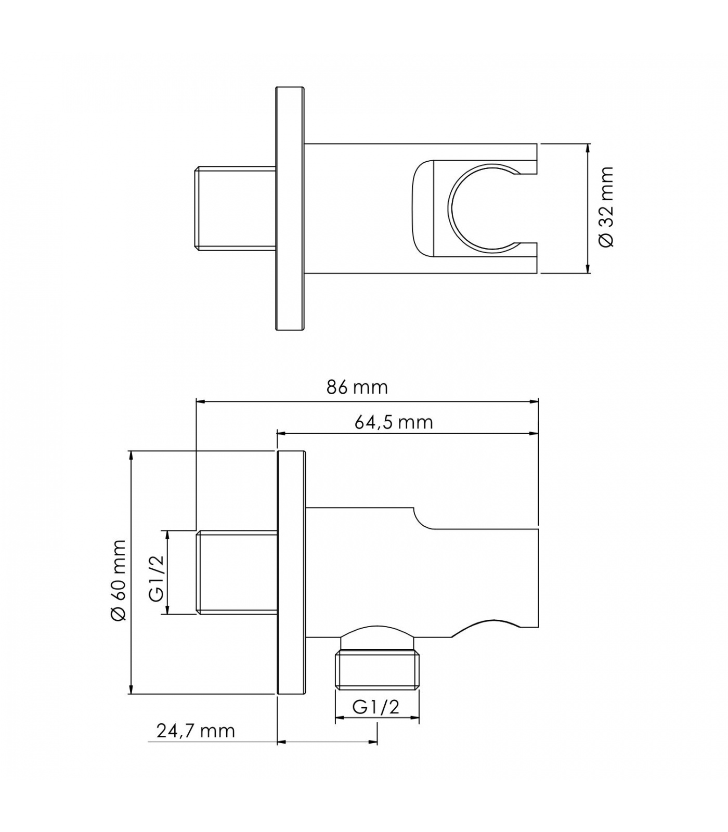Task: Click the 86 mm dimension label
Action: (x=357, y=387)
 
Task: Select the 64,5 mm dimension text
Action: (x=394, y=422)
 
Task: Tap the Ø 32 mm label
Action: (x=606, y=207)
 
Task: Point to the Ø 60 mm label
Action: (x=119, y=580)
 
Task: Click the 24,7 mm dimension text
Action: (x=196, y=731)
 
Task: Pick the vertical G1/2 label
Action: (x=156, y=578)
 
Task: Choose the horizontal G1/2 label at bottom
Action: (x=375, y=707)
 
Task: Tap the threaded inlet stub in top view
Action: (x=235, y=208)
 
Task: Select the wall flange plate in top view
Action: (x=290, y=208)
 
